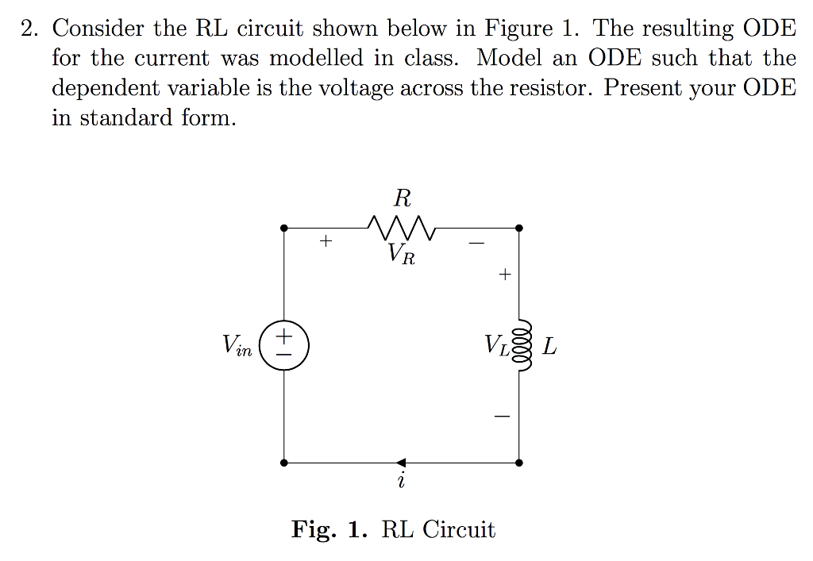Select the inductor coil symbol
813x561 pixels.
[x=522, y=345]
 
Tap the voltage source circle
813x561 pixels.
[x=283, y=345]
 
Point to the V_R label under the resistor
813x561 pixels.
[x=402, y=255]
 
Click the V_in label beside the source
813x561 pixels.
[x=237, y=345]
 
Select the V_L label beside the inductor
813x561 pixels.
[x=497, y=346]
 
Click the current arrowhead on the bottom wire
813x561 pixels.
[x=401, y=462]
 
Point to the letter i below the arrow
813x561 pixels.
[x=402, y=481]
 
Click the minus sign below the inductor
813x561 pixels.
[x=502, y=415]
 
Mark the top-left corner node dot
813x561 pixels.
[x=284, y=229]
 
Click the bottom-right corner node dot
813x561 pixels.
[x=518, y=462]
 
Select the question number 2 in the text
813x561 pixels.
[x=29, y=29]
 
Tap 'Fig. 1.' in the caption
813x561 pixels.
[x=328, y=529]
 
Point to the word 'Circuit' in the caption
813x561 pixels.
[x=458, y=529]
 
